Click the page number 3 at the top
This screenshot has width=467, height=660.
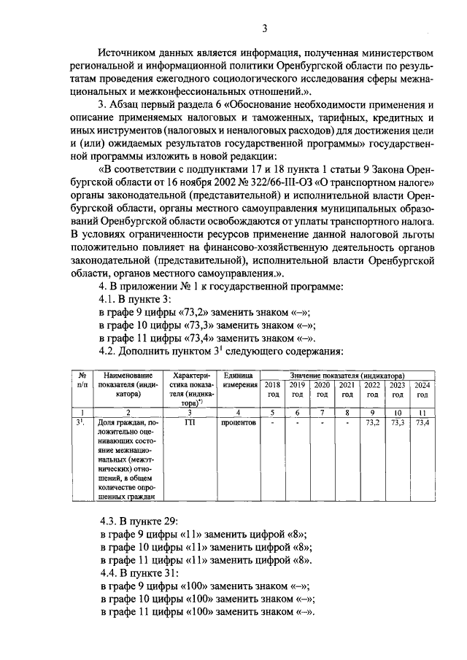(265, 28)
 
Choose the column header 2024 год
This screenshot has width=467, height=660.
(422, 389)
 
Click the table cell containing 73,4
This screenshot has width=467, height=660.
(422, 422)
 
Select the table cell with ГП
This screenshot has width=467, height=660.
(190, 422)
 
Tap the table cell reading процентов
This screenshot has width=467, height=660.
(238, 422)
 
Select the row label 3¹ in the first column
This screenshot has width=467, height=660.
(82, 422)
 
